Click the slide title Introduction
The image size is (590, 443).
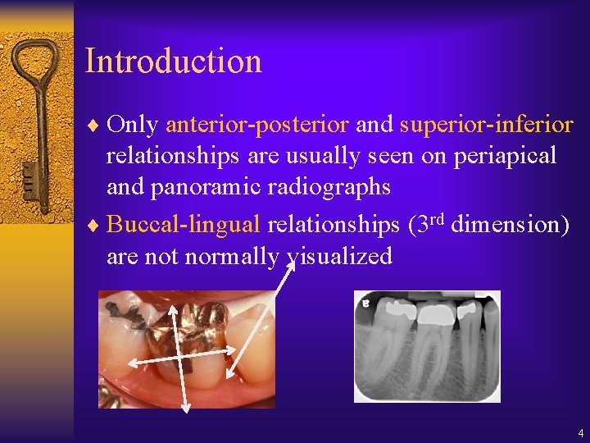click(173, 62)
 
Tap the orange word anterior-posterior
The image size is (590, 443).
click(257, 124)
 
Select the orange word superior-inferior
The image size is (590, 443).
click(486, 124)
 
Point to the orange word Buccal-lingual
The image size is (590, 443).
click(184, 224)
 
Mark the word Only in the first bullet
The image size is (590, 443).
click(134, 124)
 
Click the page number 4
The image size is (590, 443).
click(580, 432)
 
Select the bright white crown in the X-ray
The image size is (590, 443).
click(433, 313)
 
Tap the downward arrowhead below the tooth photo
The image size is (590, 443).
click(185, 405)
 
